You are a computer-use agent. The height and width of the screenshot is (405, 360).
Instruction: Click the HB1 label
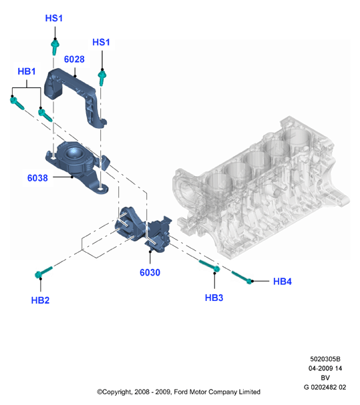pos(26,71)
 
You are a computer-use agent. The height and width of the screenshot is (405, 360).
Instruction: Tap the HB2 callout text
pos(40,300)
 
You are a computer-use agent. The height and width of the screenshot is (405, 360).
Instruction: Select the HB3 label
pos(214,298)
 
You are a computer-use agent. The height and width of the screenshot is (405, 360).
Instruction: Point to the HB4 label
pos(282,282)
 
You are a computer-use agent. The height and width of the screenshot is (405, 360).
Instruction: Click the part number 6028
pos(74,59)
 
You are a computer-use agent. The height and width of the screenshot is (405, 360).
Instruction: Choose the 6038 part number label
pos(37,178)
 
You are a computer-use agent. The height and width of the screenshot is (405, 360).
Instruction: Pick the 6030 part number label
pos(150,272)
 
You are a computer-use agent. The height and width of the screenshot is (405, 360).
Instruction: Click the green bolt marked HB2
pos(43,272)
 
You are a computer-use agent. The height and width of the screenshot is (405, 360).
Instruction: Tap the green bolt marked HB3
pos(210,266)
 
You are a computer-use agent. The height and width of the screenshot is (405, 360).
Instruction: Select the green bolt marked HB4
pos(242,278)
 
